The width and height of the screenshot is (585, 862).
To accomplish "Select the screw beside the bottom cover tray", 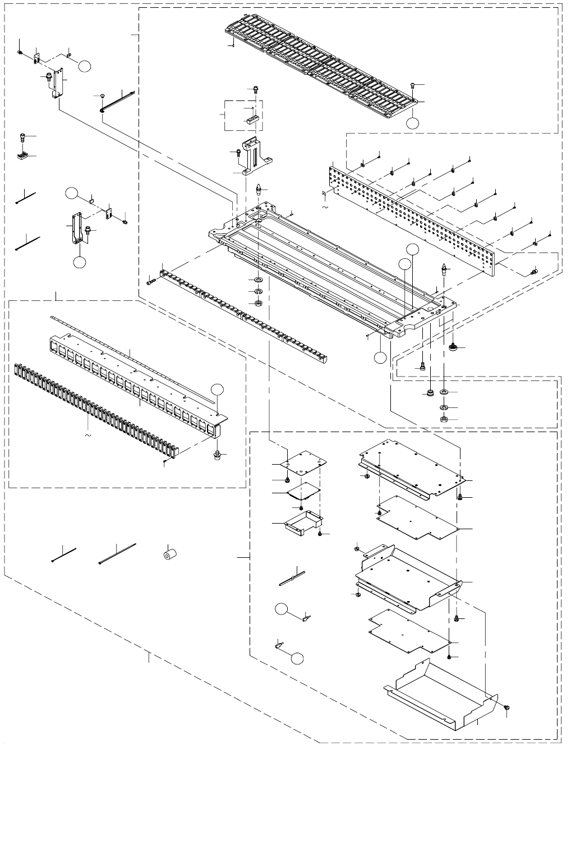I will pos(507,709).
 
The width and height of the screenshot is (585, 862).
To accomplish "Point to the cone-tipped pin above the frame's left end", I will pos(258,188).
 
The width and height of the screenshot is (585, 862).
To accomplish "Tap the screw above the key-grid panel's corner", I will pos(413,85).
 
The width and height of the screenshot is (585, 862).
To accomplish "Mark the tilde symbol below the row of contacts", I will pos(87,434).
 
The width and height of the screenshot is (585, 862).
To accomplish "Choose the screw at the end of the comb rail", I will pos(150,282).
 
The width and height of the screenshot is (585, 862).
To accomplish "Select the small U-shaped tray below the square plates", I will pos(303,521).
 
